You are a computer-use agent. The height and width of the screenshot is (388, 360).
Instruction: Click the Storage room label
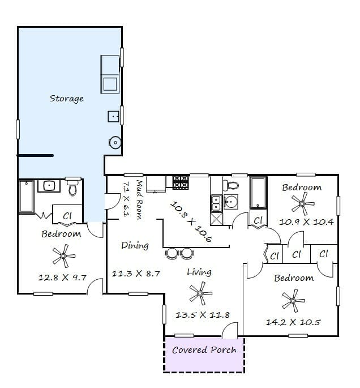click(x=67, y=99)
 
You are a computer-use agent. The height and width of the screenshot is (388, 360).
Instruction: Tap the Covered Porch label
click(x=204, y=350)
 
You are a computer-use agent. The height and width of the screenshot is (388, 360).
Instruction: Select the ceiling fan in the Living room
click(x=200, y=293)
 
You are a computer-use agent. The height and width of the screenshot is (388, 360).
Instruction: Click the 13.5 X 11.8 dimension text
click(x=203, y=315)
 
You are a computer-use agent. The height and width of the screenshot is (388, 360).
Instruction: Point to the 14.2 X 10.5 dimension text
click(x=293, y=322)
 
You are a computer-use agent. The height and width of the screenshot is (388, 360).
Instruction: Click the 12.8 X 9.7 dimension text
click(x=62, y=278)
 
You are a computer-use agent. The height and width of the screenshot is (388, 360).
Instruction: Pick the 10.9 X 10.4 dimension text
click(x=306, y=221)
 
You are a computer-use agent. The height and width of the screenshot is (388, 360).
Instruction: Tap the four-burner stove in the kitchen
click(x=181, y=182)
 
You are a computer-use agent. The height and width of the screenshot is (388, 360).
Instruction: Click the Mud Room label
click(x=140, y=200)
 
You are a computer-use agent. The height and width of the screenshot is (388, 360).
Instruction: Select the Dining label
click(x=135, y=245)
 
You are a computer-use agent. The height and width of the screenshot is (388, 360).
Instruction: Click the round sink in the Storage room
click(x=115, y=143)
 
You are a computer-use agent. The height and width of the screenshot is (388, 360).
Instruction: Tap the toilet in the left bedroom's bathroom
click(x=72, y=186)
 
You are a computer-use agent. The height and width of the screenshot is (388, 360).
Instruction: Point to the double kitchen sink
click(x=216, y=203)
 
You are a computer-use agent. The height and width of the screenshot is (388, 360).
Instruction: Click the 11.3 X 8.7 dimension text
click(x=136, y=274)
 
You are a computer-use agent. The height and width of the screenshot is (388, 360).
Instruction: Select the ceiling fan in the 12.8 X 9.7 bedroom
click(x=63, y=256)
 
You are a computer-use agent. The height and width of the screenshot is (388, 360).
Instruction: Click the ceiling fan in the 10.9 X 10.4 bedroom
click(x=302, y=204)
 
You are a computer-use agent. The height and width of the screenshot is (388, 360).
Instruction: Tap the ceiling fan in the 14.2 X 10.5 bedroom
click(x=293, y=301)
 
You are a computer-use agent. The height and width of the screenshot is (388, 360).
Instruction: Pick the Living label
click(x=199, y=272)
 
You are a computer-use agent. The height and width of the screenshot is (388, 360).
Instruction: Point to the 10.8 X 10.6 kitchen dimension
click(x=191, y=221)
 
